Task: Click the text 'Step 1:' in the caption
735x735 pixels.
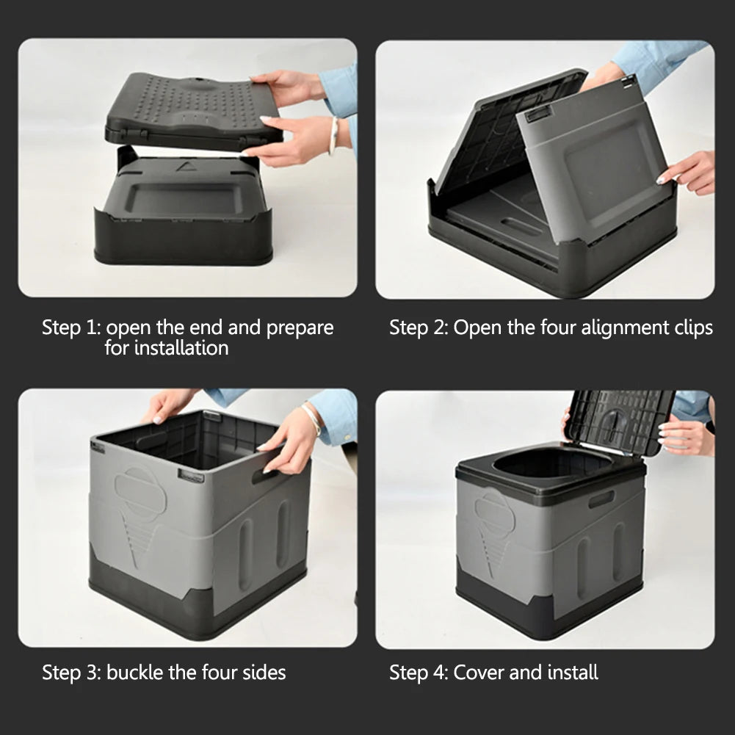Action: coord(71,327)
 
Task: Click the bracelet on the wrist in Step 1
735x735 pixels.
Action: coord(333,135)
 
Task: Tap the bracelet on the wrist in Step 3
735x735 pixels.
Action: coord(313,419)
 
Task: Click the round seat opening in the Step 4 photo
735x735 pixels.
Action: coord(552,463)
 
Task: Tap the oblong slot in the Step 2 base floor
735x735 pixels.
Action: coord(522,227)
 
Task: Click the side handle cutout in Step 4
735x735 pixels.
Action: coord(601,499)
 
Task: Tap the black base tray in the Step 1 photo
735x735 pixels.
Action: coord(184,235)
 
